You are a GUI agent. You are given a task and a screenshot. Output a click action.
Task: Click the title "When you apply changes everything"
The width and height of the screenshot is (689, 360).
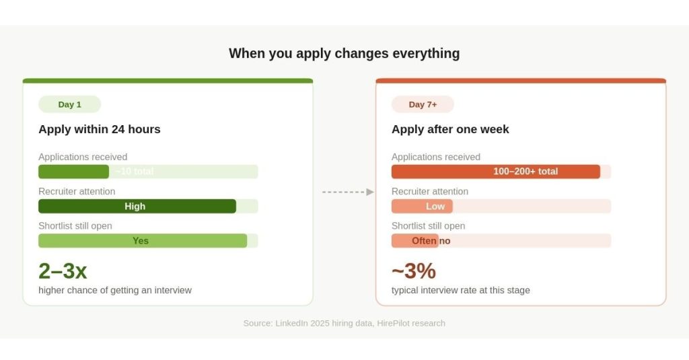tap(344, 53)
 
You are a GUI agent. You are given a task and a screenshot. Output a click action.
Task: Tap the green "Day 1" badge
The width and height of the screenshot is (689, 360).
tap(69, 104)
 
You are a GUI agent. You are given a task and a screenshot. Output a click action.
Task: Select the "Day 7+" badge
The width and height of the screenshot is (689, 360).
tap(423, 104)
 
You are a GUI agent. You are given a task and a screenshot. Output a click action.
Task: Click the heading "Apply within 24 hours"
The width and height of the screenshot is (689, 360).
tap(100, 129)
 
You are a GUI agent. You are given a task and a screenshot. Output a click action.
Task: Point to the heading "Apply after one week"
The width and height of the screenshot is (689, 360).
tap(450, 129)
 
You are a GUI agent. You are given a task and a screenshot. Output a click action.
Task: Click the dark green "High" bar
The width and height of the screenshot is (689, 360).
tap(137, 207)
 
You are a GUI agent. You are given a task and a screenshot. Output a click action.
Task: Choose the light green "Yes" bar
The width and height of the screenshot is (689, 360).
tap(143, 241)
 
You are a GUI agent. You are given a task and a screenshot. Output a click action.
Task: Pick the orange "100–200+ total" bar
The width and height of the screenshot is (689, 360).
tap(496, 172)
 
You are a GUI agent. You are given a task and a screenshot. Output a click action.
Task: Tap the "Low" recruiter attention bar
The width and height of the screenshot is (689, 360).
tap(423, 207)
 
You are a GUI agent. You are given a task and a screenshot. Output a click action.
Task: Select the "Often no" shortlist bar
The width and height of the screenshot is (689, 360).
tap(415, 241)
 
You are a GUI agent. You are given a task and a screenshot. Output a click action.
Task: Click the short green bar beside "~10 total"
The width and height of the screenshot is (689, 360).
tap(73, 172)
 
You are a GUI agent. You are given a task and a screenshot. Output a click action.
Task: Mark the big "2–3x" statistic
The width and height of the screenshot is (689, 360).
tap(63, 271)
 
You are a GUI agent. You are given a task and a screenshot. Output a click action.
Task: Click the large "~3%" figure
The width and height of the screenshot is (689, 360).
tap(414, 271)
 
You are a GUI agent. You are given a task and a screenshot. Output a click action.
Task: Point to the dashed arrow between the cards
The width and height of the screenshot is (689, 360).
tap(347, 192)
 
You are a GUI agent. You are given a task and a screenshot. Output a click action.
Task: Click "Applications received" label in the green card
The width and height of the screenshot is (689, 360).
tap(83, 157)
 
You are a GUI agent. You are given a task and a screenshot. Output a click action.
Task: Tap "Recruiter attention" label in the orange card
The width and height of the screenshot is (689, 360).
tap(430, 191)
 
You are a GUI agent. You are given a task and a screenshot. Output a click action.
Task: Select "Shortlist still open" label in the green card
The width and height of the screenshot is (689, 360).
tap(75, 225)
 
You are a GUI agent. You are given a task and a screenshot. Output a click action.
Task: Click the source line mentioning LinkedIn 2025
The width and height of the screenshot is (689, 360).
tap(344, 323)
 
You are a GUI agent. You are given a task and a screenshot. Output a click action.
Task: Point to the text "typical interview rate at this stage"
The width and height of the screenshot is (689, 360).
tap(461, 290)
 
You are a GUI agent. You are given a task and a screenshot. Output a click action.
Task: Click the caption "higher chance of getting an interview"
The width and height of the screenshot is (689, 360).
tap(115, 290)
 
